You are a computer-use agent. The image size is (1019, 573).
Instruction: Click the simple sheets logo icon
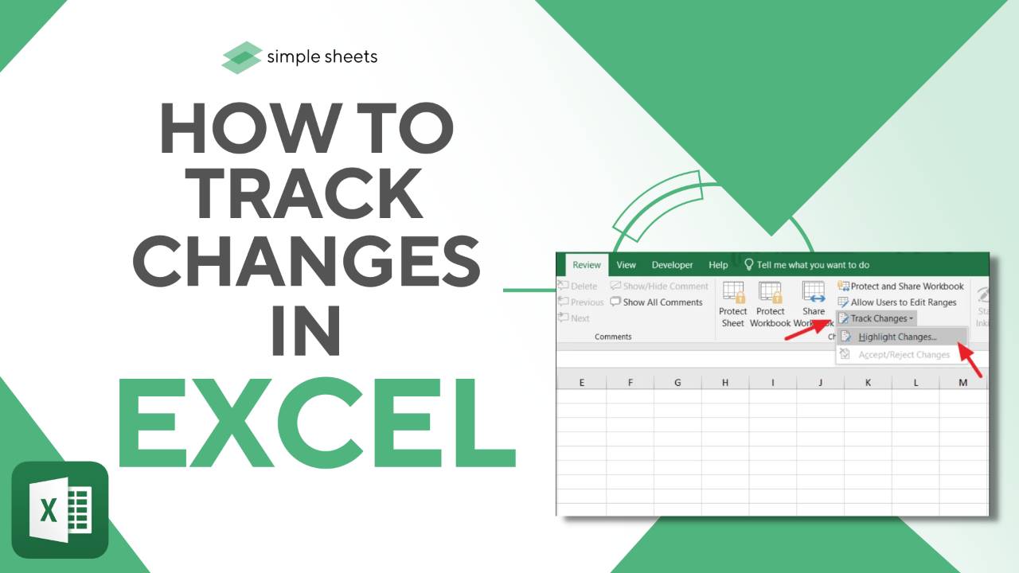242,57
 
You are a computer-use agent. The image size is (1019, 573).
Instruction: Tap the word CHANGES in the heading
306,265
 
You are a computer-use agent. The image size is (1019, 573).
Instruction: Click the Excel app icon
60,509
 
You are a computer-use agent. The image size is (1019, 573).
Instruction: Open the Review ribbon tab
587,265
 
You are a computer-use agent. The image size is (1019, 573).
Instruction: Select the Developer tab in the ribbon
672,265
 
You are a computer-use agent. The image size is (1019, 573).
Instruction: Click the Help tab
718,265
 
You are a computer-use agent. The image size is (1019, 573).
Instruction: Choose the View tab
627,265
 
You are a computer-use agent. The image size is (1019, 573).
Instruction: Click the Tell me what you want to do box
812,265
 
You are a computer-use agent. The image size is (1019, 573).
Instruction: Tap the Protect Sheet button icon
733,292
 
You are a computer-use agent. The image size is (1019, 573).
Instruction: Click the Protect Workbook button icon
770,292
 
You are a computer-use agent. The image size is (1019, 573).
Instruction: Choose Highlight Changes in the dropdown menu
897,337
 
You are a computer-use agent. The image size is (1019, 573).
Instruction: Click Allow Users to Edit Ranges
903,302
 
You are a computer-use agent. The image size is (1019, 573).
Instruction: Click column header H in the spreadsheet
725,383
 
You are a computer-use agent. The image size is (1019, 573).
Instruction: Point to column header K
868,383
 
